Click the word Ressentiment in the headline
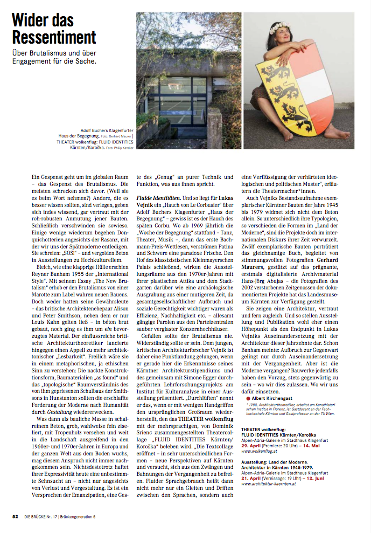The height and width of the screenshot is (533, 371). point(54,37)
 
